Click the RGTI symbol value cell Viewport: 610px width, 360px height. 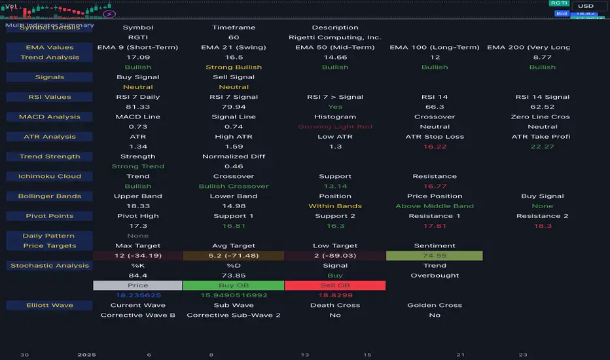click(138, 37)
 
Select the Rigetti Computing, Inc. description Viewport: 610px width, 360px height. click(335, 37)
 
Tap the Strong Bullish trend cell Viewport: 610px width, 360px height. click(234, 67)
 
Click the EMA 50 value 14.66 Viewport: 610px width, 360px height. click(335, 57)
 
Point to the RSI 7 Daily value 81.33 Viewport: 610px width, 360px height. click(138, 107)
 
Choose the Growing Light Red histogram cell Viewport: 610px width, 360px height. click(335, 126)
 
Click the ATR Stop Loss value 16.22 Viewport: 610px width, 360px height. click(435, 146)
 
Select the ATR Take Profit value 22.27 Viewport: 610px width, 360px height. click(543, 146)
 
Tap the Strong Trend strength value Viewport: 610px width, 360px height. click(138, 166)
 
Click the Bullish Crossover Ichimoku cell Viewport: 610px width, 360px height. click(234, 186)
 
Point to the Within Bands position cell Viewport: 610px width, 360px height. click(335, 206)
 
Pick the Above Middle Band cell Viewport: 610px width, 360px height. click(435, 206)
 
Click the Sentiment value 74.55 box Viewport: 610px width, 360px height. click(435, 255)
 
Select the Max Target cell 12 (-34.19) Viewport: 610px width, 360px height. click(138, 255)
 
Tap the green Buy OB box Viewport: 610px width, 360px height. click(234, 285)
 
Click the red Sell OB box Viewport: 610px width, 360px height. click(335, 285)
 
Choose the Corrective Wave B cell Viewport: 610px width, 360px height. click(138, 315)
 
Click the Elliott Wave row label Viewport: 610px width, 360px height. click(50, 305)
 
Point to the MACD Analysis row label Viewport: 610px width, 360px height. click(50, 117)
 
